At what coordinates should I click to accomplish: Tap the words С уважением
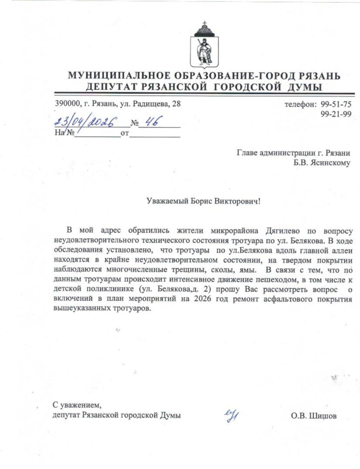[76, 406]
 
